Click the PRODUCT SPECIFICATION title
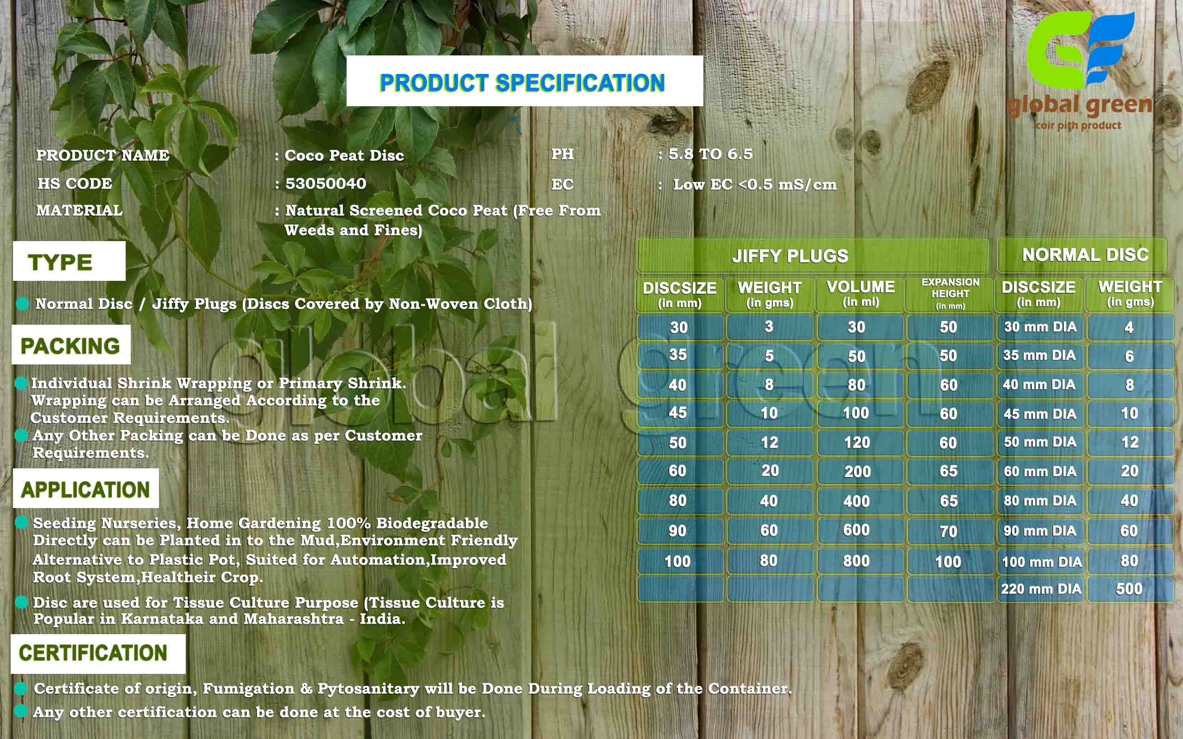tap(522, 83)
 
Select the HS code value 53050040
tap(326, 184)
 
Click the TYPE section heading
tap(69, 261)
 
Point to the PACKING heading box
tap(71, 345)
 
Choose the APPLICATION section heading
tap(85, 489)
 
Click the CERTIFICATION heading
tap(98, 654)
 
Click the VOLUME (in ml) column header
tap(860, 293)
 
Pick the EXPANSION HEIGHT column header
tap(950, 294)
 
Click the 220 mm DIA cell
tap(1041, 589)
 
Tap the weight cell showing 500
tap(1129, 589)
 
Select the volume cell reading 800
tap(856, 561)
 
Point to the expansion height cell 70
tap(948, 531)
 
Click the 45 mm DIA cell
tap(1040, 414)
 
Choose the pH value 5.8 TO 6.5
tap(710, 154)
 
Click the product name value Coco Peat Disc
tap(344, 156)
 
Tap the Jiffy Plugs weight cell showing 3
tap(769, 327)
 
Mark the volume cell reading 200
tap(857, 472)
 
